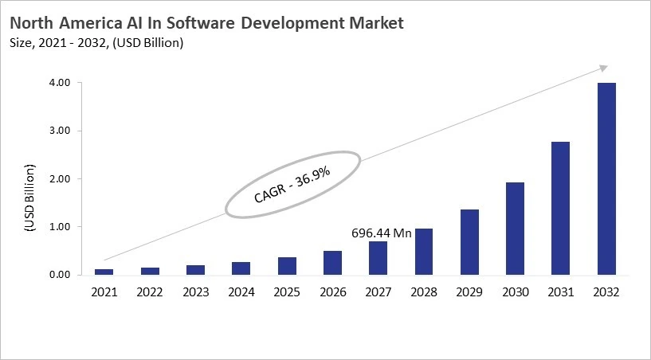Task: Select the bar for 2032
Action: pos(606,178)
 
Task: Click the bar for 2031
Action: pos(560,208)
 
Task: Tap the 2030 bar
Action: pos(515,229)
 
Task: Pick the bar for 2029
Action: pos(469,242)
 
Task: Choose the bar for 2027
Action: pos(378,258)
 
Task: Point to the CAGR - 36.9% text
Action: pos(293,183)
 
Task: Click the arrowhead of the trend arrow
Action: pos(603,68)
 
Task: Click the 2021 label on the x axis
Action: pos(104,292)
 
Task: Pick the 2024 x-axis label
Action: pos(241,292)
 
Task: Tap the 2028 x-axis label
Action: pos(423,292)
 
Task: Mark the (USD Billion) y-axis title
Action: pos(30,197)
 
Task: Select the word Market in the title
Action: pos(375,23)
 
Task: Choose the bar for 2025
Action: pos(287,266)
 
